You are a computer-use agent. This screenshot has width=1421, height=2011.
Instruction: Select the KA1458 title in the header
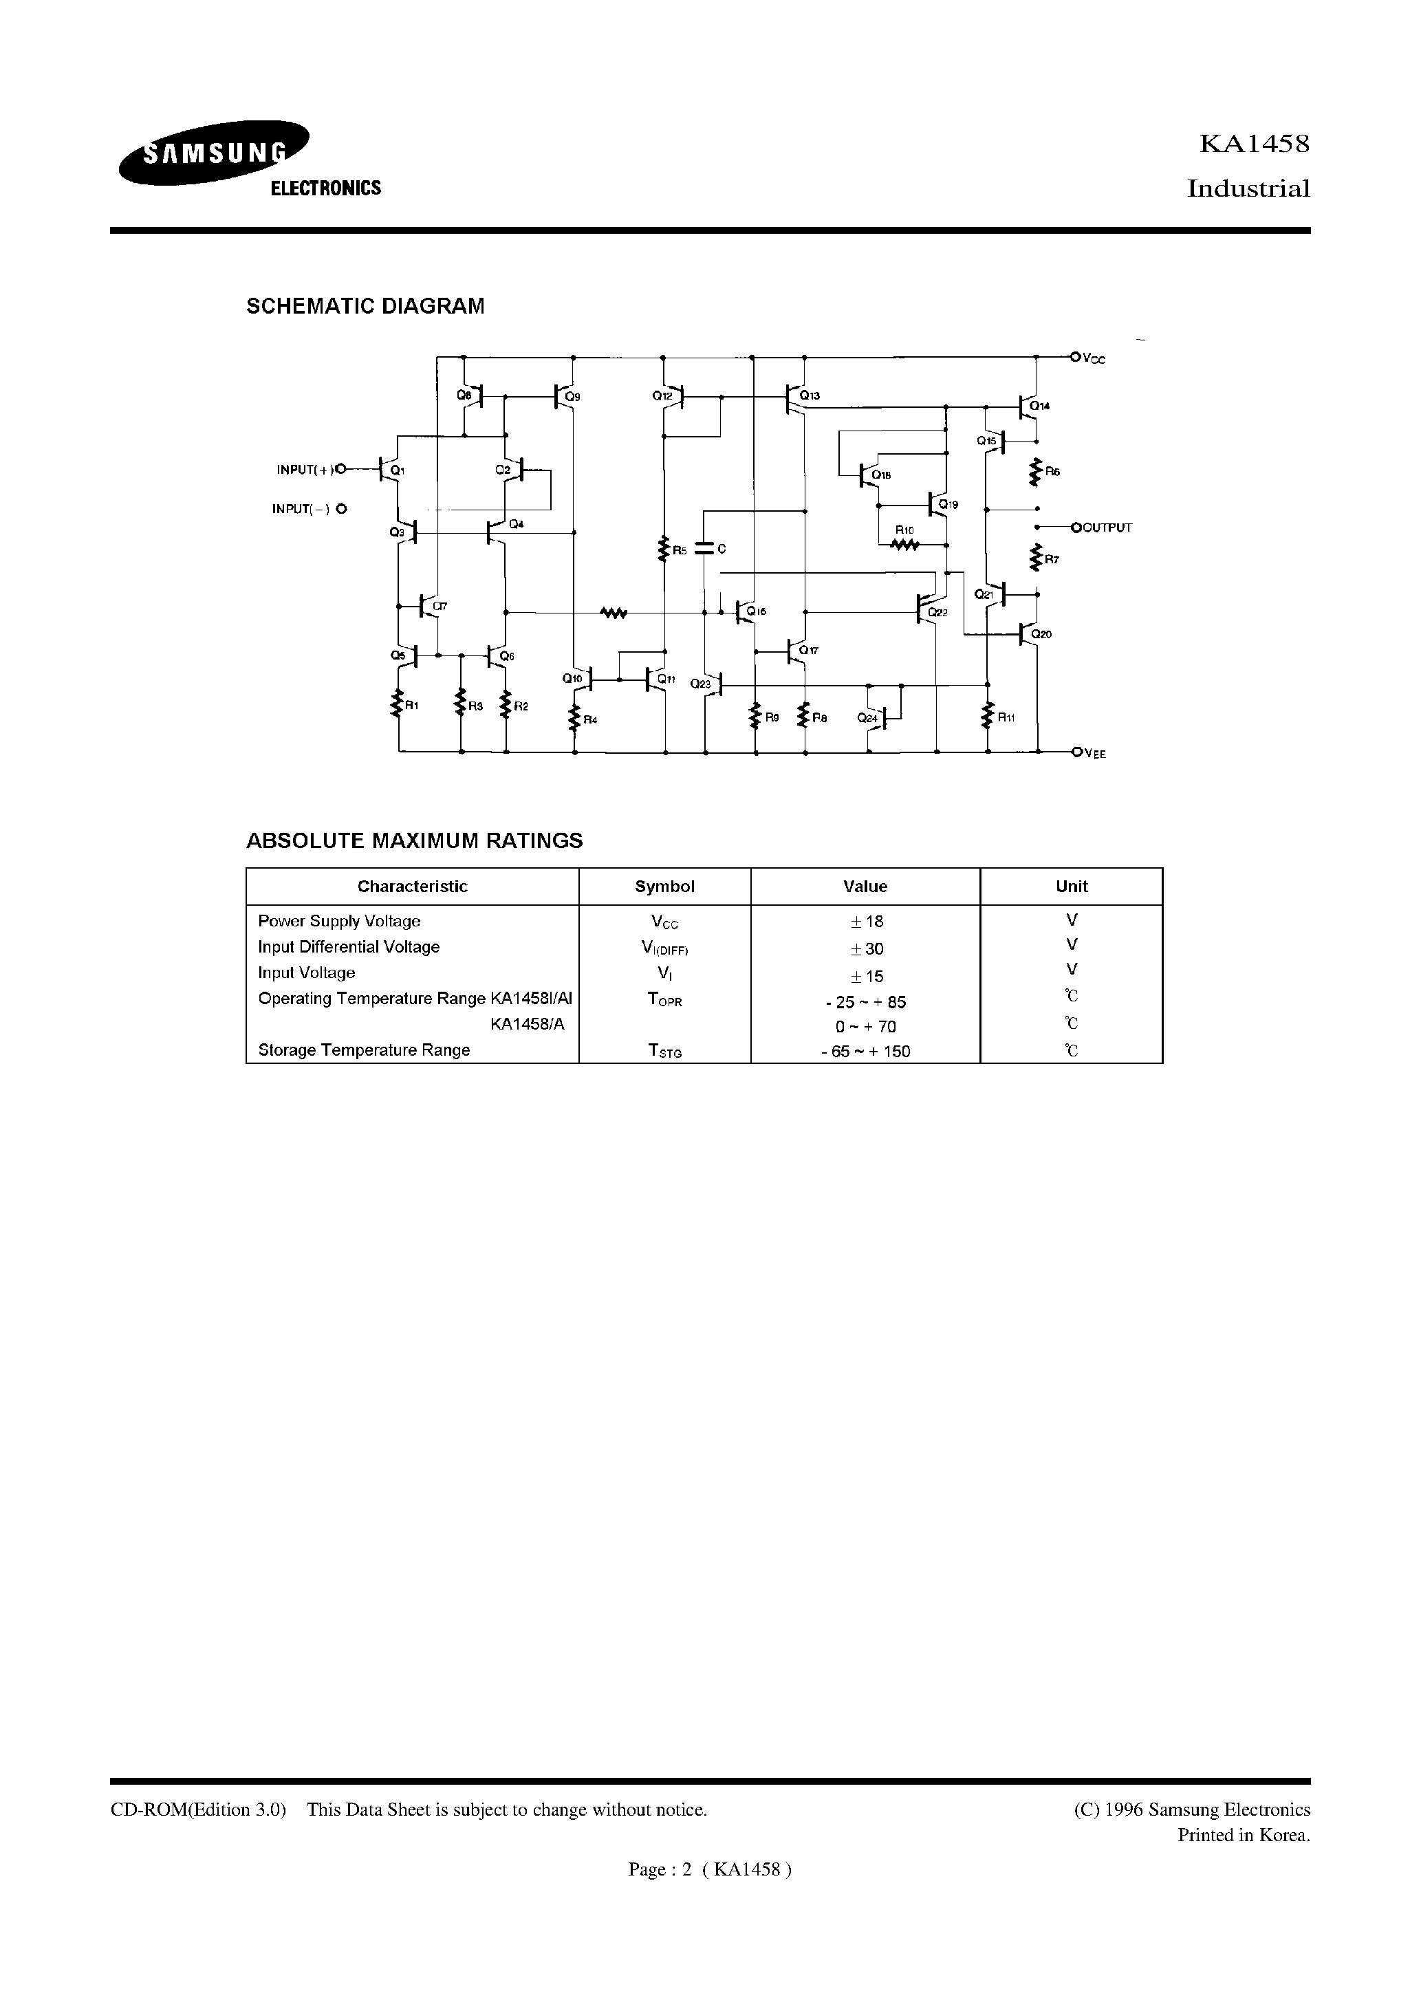pos(1254,144)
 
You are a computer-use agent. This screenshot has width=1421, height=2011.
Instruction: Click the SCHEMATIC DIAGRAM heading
pos(365,307)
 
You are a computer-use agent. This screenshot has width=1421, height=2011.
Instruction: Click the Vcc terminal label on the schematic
pos(1094,359)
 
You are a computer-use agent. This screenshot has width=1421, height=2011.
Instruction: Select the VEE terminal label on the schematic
pos(1095,754)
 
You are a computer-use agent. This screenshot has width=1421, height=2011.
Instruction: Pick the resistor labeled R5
pos(664,549)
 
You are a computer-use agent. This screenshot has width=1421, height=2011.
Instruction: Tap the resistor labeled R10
pos(904,544)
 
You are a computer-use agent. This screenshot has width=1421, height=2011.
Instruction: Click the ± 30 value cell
pos(865,948)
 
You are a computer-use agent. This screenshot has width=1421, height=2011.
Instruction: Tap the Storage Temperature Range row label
pos(364,1050)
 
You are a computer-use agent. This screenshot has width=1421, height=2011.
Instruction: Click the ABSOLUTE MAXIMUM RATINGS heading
pos(414,841)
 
